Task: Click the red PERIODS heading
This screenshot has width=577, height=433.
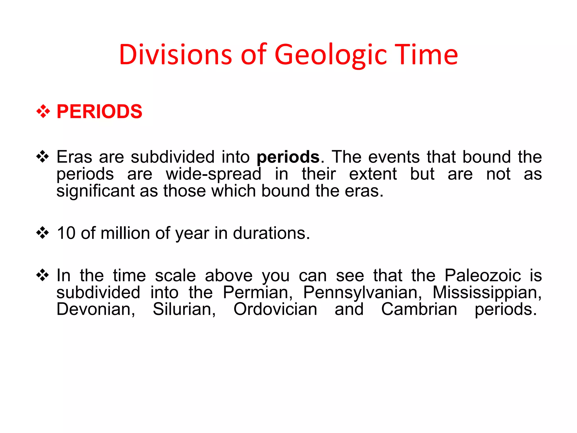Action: [x=99, y=112]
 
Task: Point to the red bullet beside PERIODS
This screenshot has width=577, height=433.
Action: [x=43, y=112]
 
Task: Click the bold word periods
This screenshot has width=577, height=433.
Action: [x=288, y=157]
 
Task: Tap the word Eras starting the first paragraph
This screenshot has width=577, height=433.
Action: [x=74, y=157]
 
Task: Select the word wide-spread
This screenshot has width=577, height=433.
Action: [x=214, y=174]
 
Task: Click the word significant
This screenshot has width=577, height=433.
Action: [x=95, y=191]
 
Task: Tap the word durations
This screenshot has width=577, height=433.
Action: [x=271, y=233]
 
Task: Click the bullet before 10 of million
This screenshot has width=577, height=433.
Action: [x=43, y=233]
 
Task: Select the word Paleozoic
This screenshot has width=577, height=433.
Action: [x=483, y=275]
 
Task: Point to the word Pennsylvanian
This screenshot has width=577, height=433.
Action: [x=362, y=292]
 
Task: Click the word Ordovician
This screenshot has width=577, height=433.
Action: [x=275, y=309]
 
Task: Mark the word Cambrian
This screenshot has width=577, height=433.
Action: [x=419, y=309]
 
